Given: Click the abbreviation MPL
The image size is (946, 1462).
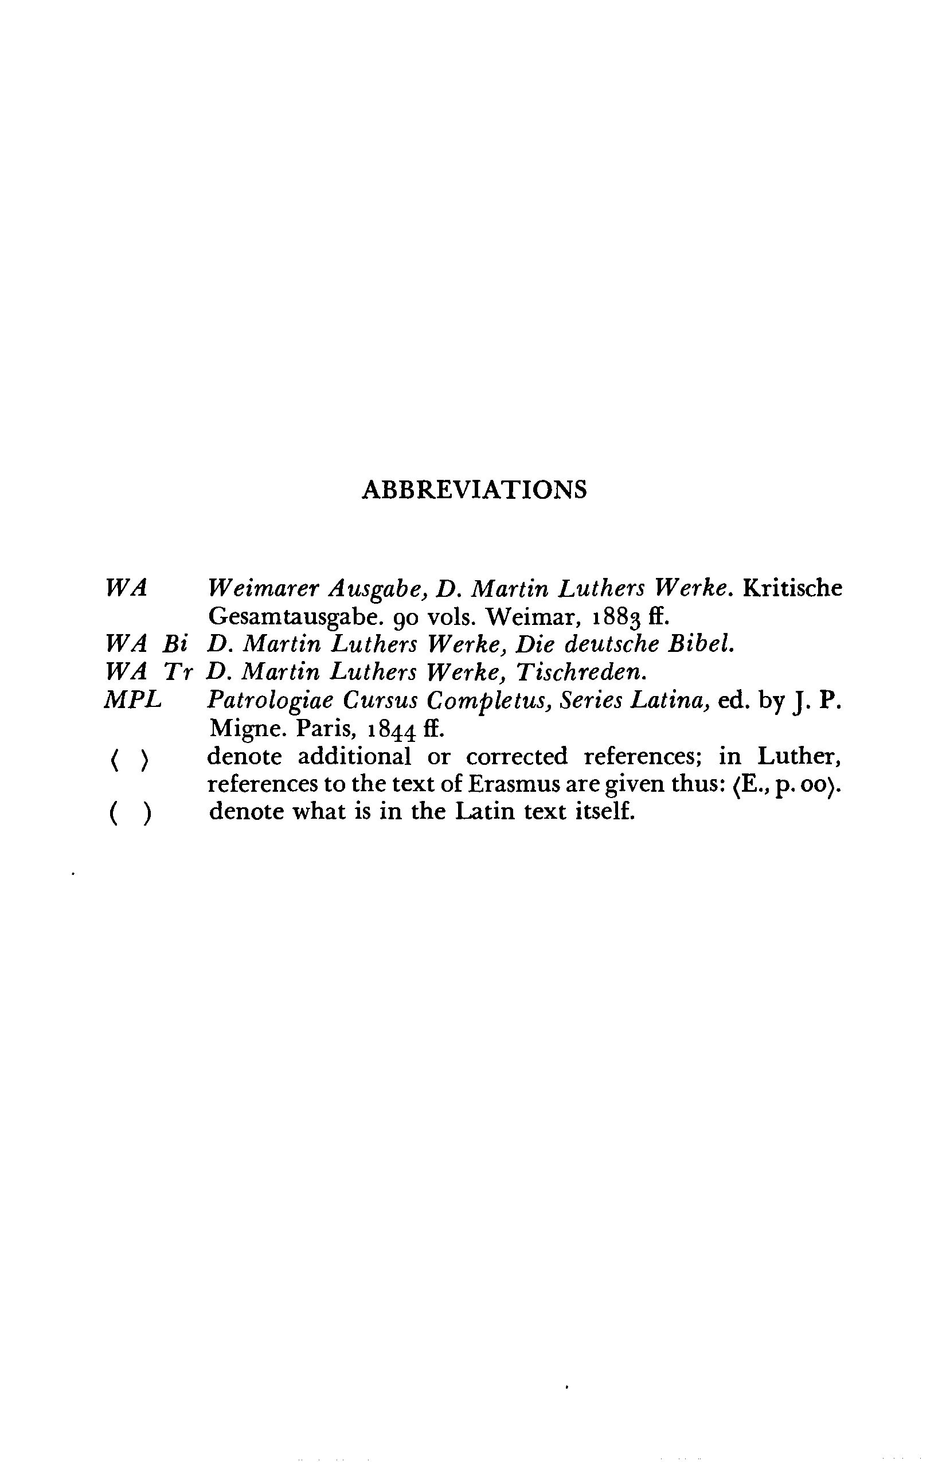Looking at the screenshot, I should click(x=133, y=700).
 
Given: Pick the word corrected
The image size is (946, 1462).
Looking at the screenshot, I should click(x=517, y=756).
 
